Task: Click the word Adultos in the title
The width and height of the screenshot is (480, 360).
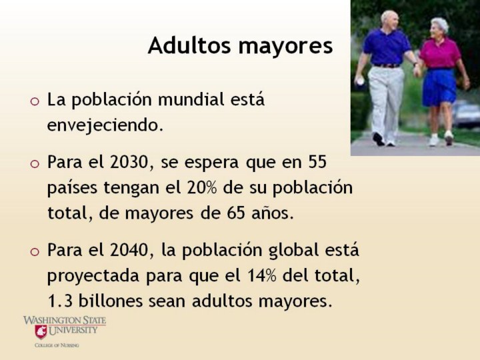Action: point(189,45)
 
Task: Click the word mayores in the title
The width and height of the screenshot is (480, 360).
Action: point(285,47)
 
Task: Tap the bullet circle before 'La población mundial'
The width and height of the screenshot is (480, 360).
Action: point(35,101)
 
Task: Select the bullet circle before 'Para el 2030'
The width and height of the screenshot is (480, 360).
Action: point(35,163)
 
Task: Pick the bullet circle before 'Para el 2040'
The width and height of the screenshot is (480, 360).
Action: point(35,251)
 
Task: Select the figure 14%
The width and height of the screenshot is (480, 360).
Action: point(261,276)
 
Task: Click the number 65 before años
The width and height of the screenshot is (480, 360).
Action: point(236,213)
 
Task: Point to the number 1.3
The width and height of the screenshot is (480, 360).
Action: point(60,301)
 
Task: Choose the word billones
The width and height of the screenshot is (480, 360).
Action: point(111,301)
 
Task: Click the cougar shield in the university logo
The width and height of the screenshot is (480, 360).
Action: point(41,331)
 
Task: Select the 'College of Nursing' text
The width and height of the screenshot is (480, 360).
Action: point(57,345)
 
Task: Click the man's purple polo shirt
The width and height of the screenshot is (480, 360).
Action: point(387,47)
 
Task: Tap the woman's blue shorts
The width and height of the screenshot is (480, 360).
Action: point(439,87)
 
